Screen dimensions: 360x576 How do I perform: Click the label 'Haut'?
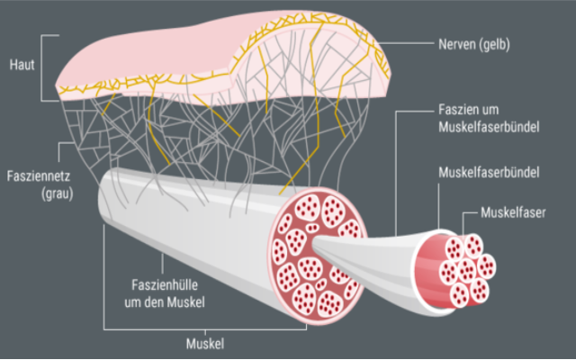pyautogui.click(x=22, y=67)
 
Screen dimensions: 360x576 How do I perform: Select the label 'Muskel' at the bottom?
pyautogui.click(x=204, y=343)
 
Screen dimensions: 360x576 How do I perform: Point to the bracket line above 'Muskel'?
pyautogui.click(x=204, y=328)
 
